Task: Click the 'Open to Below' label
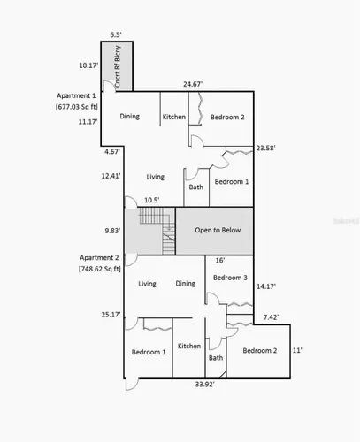click(218, 230)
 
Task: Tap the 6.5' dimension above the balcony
click(116, 35)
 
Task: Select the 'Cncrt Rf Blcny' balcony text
click(118, 66)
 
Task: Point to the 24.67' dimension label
click(193, 84)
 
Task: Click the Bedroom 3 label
click(230, 278)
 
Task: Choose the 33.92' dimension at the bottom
click(204, 385)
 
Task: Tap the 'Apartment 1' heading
click(76, 96)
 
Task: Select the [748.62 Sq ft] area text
click(100, 269)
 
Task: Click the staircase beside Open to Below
click(157, 231)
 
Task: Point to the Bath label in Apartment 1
click(196, 187)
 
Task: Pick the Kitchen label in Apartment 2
click(189, 346)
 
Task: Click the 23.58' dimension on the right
click(265, 148)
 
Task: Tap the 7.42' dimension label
click(271, 317)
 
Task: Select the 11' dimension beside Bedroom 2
click(297, 350)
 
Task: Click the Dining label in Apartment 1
click(130, 117)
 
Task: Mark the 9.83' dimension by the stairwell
click(112, 231)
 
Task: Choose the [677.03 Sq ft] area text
click(77, 107)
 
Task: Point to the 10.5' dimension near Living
click(151, 200)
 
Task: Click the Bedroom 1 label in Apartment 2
click(149, 352)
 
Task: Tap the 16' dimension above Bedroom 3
click(220, 261)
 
